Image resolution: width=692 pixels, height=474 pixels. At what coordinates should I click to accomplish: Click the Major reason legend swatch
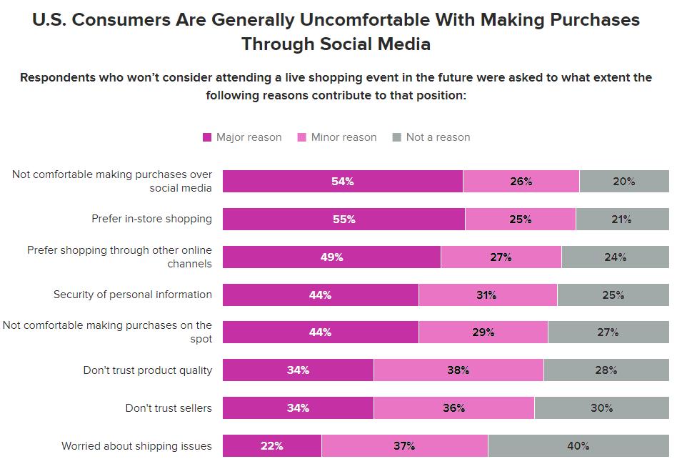pyautogui.click(x=207, y=137)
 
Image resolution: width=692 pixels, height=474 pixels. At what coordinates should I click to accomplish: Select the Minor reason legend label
pyautogui.click(x=344, y=137)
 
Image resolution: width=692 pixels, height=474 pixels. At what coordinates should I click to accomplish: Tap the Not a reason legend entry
pyautogui.click(x=438, y=137)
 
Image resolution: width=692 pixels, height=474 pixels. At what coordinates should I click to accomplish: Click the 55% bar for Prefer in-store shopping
pyautogui.click(x=344, y=219)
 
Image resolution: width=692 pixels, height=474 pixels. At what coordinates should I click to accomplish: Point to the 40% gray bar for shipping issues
pyautogui.click(x=578, y=445)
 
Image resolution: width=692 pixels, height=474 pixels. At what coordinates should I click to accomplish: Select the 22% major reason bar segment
pyautogui.click(x=271, y=445)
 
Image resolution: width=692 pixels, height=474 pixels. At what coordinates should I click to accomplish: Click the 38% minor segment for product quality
pyautogui.click(x=458, y=370)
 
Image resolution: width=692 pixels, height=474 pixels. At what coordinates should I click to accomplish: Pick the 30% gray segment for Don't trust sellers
pyautogui.click(x=601, y=408)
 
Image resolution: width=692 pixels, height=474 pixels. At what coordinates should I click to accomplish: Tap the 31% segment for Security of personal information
pyautogui.click(x=487, y=295)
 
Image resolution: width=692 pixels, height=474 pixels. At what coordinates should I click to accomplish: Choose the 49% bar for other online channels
pyautogui.click(x=331, y=257)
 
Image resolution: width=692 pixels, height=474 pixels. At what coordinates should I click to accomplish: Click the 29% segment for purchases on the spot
pyautogui.click(x=483, y=332)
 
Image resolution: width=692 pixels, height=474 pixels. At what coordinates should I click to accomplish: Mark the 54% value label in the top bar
pyautogui.click(x=343, y=182)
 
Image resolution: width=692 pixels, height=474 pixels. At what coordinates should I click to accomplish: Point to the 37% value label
pyautogui.click(x=404, y=445)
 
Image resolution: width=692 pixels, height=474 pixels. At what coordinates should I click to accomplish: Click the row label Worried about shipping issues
pyautogui.click(x=136, y=446)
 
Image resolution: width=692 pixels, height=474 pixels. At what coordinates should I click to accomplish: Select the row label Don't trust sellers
pyautogui.click(x=169, y=408)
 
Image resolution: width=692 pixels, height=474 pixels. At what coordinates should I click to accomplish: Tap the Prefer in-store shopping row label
pyautogui.click(x=151, y=219)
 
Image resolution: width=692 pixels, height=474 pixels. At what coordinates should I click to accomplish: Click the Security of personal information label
pyautogui.click(x=133, y=295)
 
